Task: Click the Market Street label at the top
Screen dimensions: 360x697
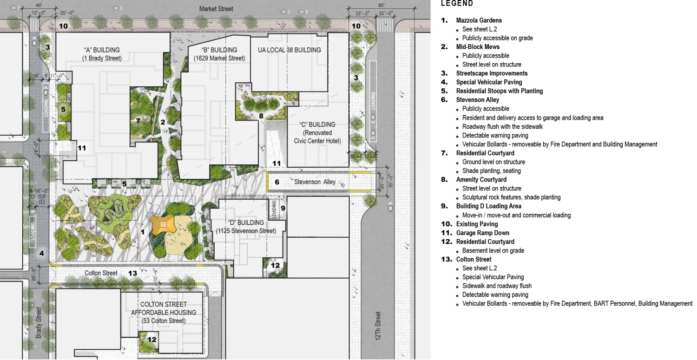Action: pos(216,9)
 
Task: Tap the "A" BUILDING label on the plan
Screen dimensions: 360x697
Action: pos(102,50)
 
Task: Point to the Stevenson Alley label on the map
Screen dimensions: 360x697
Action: pos(318,182)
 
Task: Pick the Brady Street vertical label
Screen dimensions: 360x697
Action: pos(39,322)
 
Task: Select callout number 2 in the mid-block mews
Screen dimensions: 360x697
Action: pos(163,122)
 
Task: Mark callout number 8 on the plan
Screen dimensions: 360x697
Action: pos(261,116)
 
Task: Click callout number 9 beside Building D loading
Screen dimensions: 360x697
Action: pos(283,208)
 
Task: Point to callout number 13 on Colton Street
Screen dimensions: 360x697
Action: pos(132,273)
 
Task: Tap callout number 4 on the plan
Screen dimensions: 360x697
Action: pos(41,253)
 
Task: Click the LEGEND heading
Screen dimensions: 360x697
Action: pos(457,4)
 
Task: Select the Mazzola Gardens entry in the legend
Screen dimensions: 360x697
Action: pos(479,20)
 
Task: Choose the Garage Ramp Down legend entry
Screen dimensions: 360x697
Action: pos(482,233)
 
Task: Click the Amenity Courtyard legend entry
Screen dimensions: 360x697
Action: pos(481,179)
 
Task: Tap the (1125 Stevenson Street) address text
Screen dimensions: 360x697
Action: pos(246,231)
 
